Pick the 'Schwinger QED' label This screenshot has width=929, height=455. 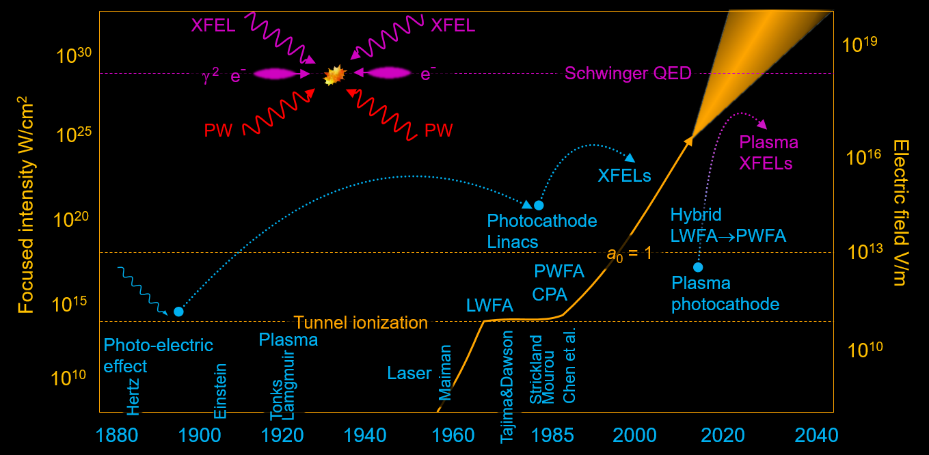628,73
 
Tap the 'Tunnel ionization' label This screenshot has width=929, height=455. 360,322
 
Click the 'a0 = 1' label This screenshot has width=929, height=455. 630,253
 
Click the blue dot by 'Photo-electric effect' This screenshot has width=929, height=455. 178,312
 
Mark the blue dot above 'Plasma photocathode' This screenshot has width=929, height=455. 698,267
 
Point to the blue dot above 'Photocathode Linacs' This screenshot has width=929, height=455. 539,205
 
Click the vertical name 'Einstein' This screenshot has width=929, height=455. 220,391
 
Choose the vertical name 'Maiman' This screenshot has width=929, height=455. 445,373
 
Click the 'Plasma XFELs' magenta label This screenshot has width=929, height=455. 769,153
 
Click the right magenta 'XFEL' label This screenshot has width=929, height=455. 453,26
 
